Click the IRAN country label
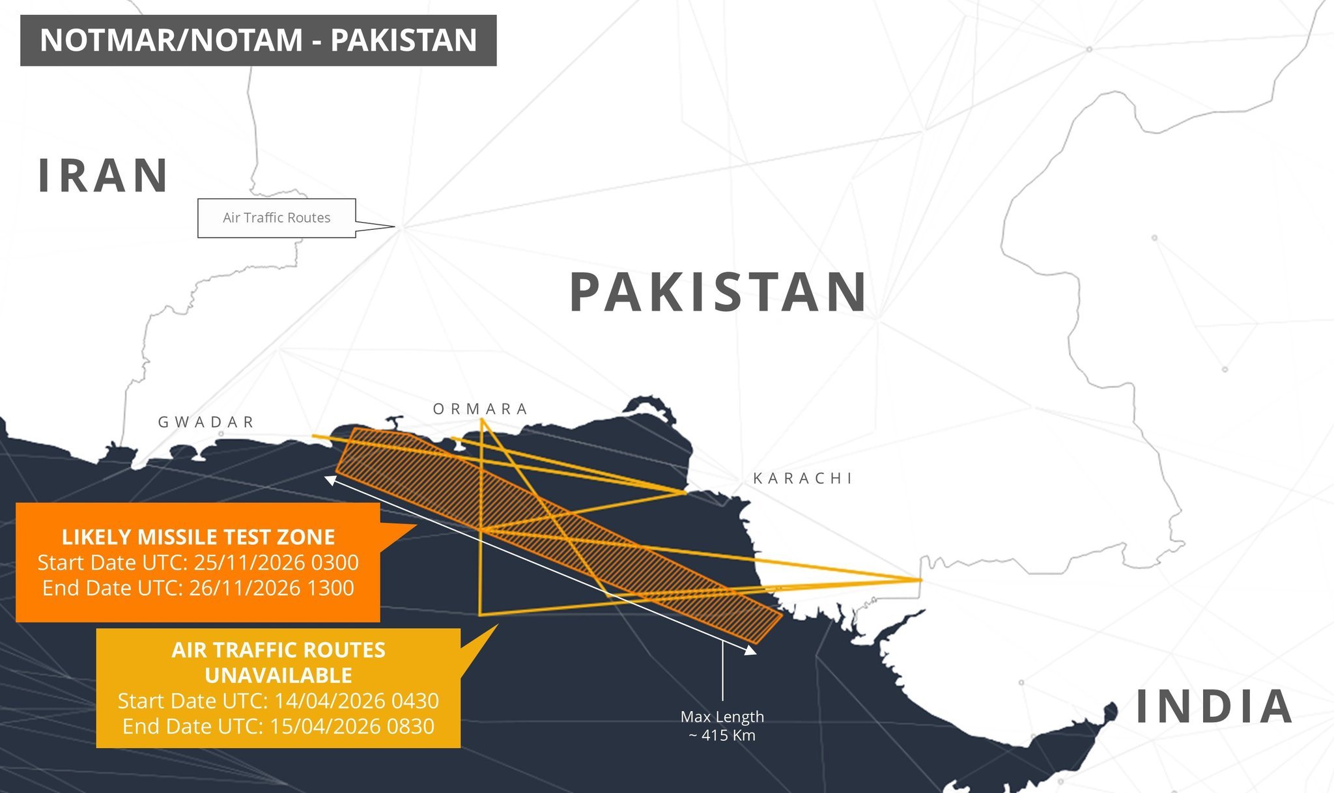(103, 176)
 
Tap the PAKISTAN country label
(718, 292)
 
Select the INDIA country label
(1214, 706)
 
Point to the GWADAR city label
(206, 422)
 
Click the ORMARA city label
(481, 409)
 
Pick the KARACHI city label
(802, 479)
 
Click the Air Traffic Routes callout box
(277, 218)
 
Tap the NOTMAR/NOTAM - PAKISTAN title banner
(258, 40)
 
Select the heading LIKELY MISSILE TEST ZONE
(198, 537)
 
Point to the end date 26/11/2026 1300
(272, 588)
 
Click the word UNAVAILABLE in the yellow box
(278, 675)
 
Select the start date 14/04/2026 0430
(356, 701)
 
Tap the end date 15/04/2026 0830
(352, 726)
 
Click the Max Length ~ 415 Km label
(722, 725)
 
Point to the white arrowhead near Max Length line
(750, 649)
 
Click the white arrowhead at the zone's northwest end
(330, 480)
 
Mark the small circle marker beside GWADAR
(221, 434)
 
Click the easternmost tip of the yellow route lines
(920, 579)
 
